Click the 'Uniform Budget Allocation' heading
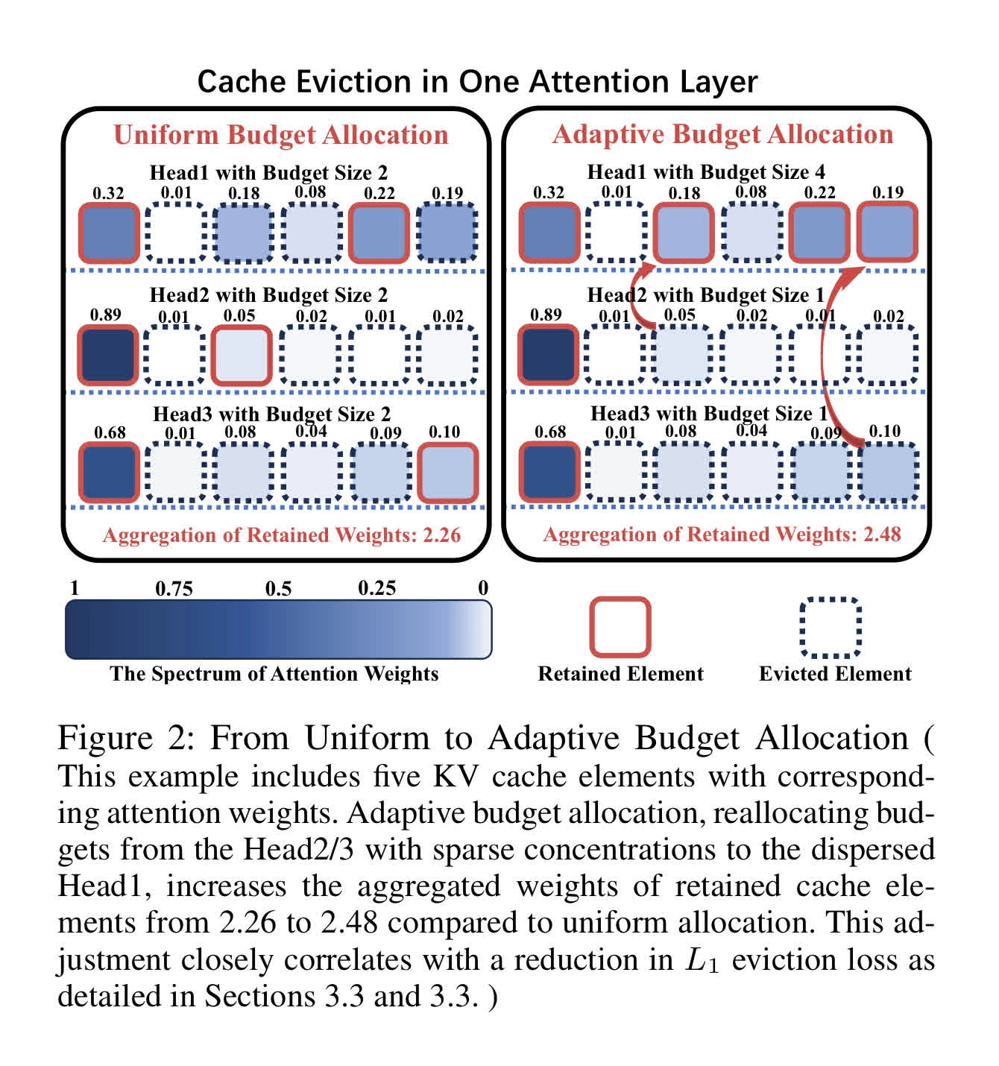coord(281,135)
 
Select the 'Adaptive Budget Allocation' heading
coord(722,134)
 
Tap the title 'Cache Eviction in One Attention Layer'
coord(477,82)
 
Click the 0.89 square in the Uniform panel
coord(108,354)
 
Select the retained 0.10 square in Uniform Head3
coord(448,473)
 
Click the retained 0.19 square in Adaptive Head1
coord(887,232)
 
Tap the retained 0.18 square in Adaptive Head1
coord(684,233)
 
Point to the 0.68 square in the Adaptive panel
coord(549,472)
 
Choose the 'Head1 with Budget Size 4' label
coord(706,172)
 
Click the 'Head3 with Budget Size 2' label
coord(271,414)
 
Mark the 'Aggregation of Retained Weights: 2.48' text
coord(722,534)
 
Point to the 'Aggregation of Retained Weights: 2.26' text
coord(281,535)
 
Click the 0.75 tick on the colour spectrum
coord(174,589)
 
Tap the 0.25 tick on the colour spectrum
coord(376,588)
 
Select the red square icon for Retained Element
coord(620,627)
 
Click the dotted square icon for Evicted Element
coord(831,627)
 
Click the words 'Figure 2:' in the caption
coord(125,738)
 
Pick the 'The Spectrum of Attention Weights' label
coord(274,674)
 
